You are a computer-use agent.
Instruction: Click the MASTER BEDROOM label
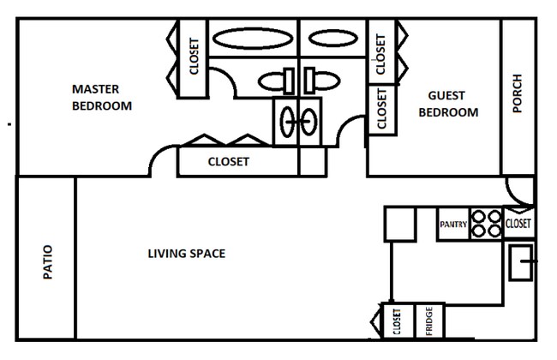[101, 98]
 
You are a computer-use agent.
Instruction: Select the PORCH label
[517, 94]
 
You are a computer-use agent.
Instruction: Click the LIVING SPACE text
[186, 254]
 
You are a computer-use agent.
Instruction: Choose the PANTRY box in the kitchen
[452, 225]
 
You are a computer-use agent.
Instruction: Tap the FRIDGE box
[429, 321]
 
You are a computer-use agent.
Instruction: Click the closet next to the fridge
[397, 321]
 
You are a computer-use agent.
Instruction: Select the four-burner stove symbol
[486, 224]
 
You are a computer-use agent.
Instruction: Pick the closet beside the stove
[518, 224]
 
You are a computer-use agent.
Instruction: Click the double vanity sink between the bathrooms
[298, 121]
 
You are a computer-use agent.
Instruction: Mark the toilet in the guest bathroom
[320, 81]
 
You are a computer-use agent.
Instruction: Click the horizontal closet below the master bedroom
[229, 161]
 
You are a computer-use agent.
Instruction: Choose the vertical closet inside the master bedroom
[194, 57]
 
